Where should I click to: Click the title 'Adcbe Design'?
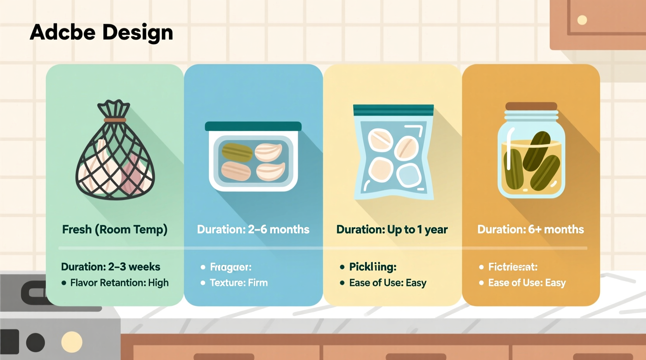101,32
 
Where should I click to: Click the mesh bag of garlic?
115,159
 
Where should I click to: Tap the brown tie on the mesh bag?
115,120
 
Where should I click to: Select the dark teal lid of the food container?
253,126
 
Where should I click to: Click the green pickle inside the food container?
237,152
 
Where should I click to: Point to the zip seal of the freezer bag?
393,110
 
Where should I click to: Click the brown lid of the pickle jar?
531,106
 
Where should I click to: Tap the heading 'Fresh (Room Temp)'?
115,229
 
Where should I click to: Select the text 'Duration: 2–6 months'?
253,229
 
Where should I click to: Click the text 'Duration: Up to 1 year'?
392,229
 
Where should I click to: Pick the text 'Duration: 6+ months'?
531,229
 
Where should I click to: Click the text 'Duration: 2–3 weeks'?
111,267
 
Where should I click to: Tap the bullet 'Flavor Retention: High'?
119,283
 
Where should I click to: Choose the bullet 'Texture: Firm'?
239,283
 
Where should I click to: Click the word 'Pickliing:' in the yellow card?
373,267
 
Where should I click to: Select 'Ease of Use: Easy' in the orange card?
527,283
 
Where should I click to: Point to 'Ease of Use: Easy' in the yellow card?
388,283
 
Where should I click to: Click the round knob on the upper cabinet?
582,20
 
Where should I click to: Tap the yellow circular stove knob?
72,342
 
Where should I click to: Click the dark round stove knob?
35,343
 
